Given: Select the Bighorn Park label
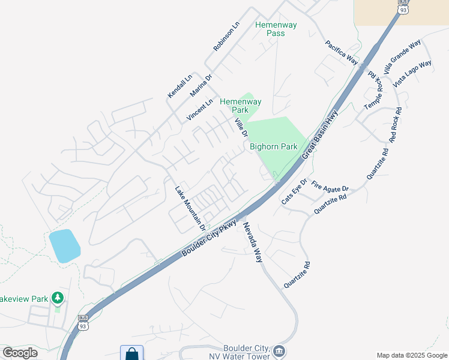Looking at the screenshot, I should [x=274, y=146].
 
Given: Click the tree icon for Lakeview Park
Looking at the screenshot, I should [x=57, y=297].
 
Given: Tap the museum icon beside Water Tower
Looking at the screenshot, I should [x=278, y=350].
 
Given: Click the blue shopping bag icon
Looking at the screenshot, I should [x=131, y=353].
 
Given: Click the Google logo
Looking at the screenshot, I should [x=20, y=353].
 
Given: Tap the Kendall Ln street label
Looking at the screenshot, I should [x=179, y=86].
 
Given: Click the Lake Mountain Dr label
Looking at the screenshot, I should [x=190, y=208].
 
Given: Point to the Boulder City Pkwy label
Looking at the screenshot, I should [x=209, y=239].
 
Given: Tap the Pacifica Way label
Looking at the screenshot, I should [x=342, y=52].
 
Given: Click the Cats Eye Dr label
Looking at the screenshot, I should [x=294, y=191].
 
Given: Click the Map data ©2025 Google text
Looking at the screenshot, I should [x=411, y=355].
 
